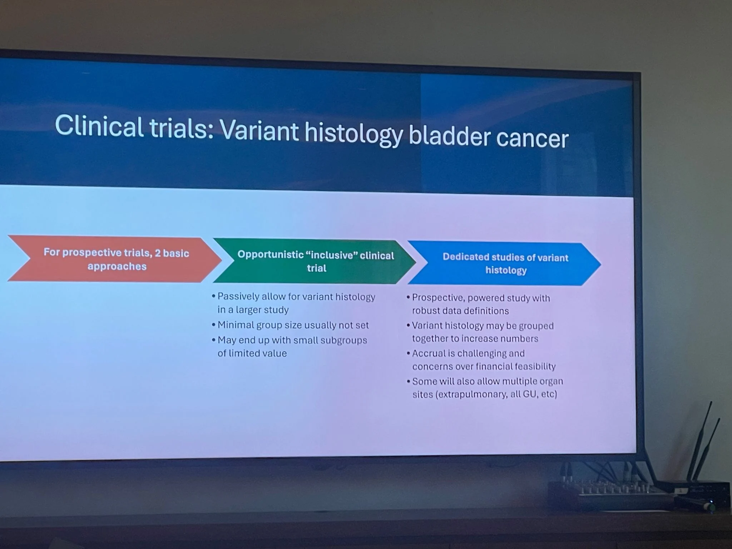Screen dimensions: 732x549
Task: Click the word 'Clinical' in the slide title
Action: (99, 126)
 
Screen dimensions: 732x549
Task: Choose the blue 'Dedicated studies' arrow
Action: (504, 264)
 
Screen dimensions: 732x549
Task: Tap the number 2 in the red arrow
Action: (157, 253)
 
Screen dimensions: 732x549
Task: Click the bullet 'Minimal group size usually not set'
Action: (293, 325)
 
